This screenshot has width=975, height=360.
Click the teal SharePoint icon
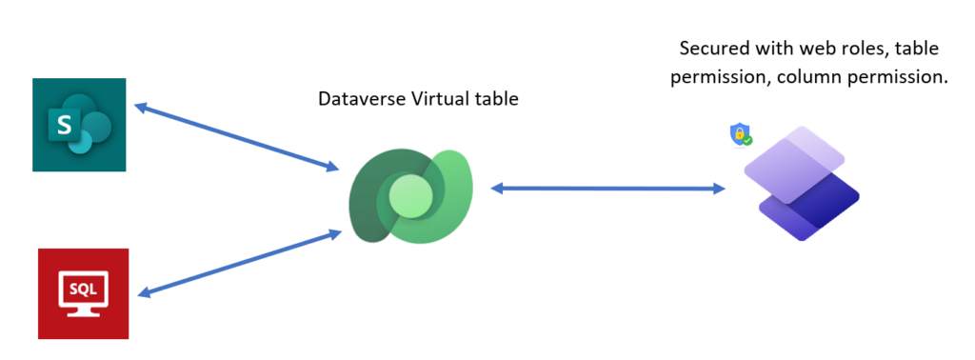click(79, 125)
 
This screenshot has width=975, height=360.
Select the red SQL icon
click(83, 292)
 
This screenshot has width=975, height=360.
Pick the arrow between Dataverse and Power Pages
click(607, 189)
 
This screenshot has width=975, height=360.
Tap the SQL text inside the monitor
click(84, 285)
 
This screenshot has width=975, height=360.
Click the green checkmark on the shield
click(747, 140)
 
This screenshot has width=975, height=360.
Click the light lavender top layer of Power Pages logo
click(794, 152)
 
